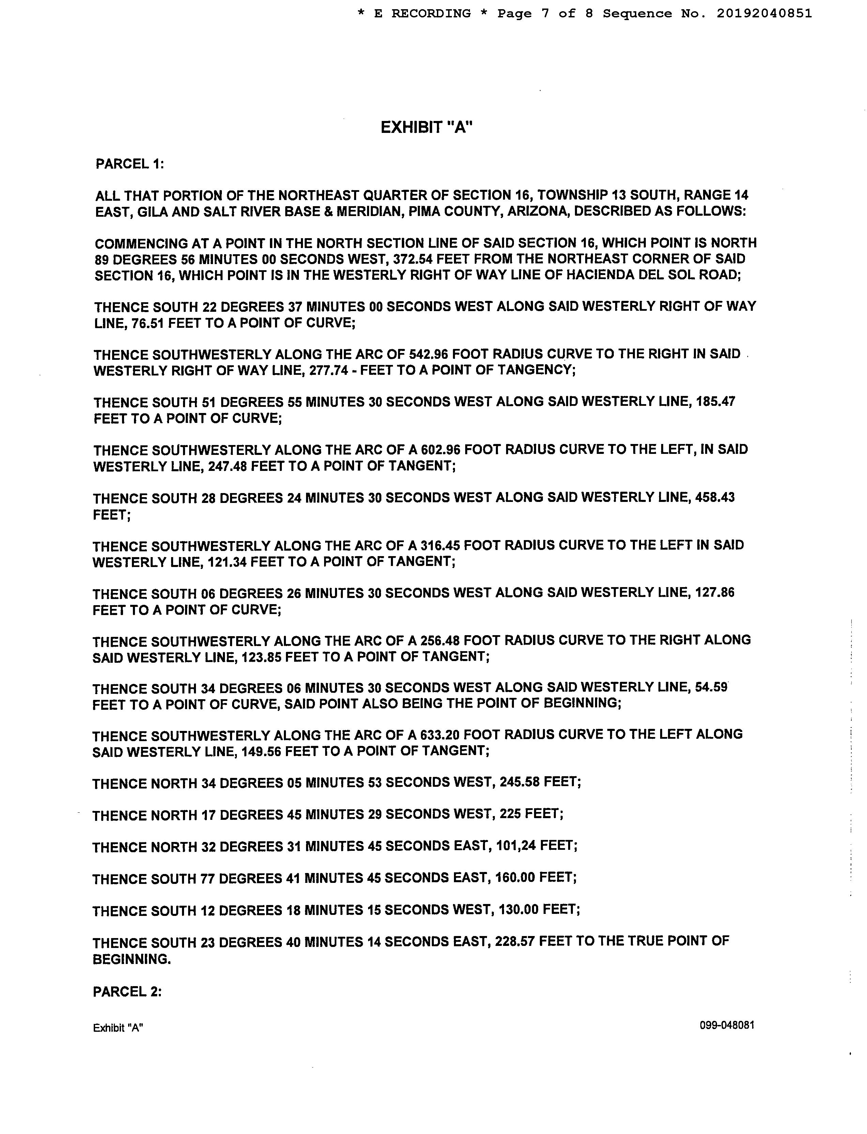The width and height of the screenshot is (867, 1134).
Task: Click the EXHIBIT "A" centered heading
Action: [426, 127]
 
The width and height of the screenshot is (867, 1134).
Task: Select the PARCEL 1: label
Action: [130, 164]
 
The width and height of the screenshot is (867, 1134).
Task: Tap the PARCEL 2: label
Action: [127, 992]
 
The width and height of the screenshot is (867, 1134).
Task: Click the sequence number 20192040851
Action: [764, 13]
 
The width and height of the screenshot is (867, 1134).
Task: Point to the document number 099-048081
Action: [727, 1025]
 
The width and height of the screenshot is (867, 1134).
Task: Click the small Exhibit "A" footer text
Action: [118, 1028]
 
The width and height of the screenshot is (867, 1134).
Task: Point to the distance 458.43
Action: [715, 497]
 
